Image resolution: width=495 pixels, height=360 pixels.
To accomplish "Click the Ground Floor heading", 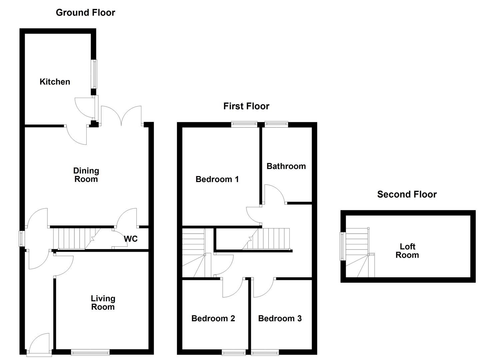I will [x=85, y=13].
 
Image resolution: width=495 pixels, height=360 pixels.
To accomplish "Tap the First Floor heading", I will [x=246, y=106].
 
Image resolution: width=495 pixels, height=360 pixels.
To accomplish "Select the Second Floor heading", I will [x=407, y=194].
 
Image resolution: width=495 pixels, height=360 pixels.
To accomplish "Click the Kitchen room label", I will [x=55, y=82].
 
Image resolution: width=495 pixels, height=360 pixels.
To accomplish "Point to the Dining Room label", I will [x=86, y=175].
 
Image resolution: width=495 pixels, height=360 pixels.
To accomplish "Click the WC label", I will [x=131, y=239].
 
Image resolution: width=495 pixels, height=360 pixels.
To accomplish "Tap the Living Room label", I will [x=103, y=303].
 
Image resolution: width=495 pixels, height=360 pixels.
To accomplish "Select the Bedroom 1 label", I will [x=217, y=179].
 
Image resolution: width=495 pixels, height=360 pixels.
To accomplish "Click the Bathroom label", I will [x=286, y=166].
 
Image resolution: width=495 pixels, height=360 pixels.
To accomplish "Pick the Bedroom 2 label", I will [x=213, y=318].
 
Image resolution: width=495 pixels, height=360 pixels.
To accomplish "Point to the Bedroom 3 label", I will [x=280, y=318].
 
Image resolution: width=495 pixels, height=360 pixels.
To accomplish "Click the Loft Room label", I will [x=407, y=251].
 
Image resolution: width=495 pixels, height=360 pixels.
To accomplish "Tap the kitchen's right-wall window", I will [x=94, y=74].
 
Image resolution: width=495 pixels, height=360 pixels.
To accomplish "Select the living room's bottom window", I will [x=90, y=352].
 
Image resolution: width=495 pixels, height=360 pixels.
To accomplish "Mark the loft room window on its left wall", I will [x=342, y=246].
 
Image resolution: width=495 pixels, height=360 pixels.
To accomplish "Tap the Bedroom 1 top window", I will [x=245, y=124].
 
